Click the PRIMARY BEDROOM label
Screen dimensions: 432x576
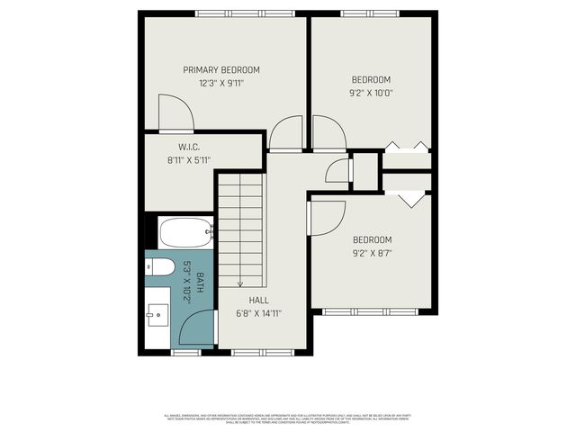[x=221, y=70]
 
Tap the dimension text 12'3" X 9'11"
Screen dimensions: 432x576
[x=221, y=83]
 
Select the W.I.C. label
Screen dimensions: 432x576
[x=188, y=148]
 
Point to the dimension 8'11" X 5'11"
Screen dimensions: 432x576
[x=188, y=160]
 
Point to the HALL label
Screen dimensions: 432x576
[x=257, y=301]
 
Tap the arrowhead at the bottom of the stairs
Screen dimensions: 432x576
[x=241, y=282]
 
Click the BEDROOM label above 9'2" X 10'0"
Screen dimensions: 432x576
[x=371, y=79]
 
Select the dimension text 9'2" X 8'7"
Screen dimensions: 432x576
[x=372, y=252]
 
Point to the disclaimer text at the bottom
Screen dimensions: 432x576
[x=288, y=418]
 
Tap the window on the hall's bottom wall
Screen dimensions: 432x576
[x=263, y=353]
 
